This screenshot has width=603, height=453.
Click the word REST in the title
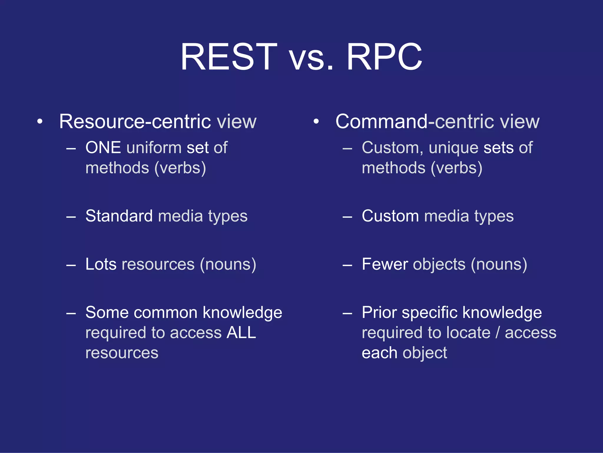click(x=229, y=57)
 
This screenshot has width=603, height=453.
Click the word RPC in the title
click(x=384, y=57)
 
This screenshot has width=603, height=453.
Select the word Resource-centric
click(x=135, y=122)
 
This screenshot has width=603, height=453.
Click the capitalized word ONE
click(x=103, y=147)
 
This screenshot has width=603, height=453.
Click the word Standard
click(x=119, y=216)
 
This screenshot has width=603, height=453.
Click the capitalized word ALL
click(x=241, y=333)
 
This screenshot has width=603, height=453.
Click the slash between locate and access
click(x=498, y=333)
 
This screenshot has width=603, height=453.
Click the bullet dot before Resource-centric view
click(x=40, y=122)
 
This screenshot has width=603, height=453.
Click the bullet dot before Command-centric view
click(x=316, y=122)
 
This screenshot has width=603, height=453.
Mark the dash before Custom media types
click(x=347, y=217)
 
